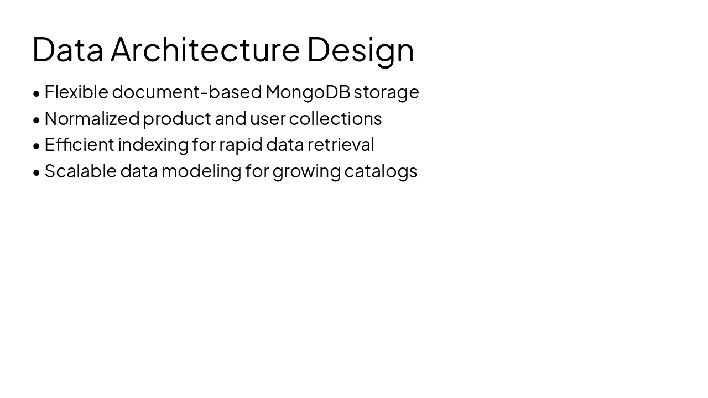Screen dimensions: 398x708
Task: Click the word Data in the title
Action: [67, 49]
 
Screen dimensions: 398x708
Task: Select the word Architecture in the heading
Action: [205, 49]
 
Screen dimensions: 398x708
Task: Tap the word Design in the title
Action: [360, 49]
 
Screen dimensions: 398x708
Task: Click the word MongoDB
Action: [308, 92]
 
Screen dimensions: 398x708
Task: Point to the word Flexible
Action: [76, 92]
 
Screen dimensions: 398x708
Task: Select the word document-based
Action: [186, 92]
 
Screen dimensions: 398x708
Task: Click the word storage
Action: [386, 92]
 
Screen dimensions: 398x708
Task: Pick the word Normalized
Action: [92, 118]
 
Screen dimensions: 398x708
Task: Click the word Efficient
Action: [79, 145]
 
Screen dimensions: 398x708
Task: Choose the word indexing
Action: [153, 145]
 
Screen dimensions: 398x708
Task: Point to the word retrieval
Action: [341, 145]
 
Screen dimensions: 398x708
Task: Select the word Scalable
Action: [80, 171]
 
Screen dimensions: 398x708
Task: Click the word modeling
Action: [201, 171]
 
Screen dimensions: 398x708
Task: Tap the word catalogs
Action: [381, 171]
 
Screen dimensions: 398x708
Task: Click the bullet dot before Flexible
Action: [37, 93]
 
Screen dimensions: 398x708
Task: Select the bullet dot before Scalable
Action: [37, 172]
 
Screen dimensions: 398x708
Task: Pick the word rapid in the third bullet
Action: [241, 145]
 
